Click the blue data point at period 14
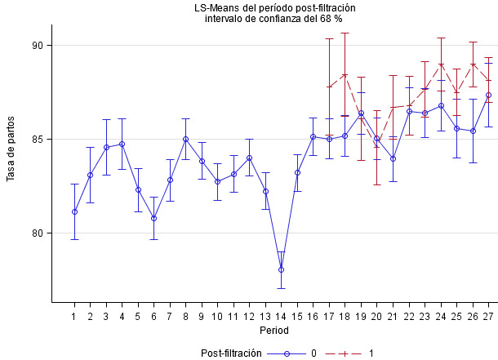tap(281, 269)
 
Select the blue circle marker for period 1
tap(74, 212)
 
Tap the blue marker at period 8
tap(185, 139)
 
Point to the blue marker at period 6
tap(153, 218)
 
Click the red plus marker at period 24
tap(441, 64)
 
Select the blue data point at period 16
tap(313, 136)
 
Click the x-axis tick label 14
tap(281, 316)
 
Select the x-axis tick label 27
tap(488, 316)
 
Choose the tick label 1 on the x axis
tap(74, 316)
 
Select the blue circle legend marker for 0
tap(287, 353)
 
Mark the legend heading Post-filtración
tap(231, 353)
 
